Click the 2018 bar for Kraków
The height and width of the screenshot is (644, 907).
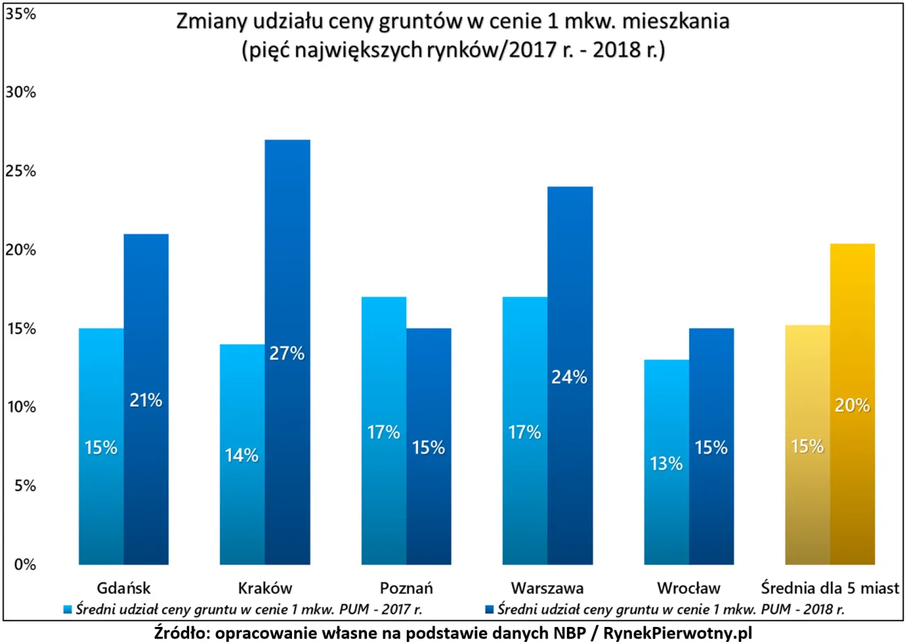(x=288, y=283)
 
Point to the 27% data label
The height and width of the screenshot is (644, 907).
(x=286, y=354)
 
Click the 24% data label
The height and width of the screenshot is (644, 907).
(x=570, y=377)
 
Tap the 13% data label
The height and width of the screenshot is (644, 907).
(x=665, y=463)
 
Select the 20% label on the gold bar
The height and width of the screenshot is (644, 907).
(x=852, y=405)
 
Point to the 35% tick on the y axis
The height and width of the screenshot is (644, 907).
(x=21, y=14)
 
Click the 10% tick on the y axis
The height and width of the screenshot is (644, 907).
(x=21, y=407)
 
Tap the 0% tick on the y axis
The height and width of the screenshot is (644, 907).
(x=24, y=565)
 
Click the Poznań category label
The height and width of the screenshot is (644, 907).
(x=406, y=588)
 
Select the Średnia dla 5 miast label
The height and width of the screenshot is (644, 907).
(x=830, y=588)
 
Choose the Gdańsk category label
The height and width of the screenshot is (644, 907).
(x=123, y=588)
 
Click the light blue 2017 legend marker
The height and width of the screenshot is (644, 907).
(x=68, y=609)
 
